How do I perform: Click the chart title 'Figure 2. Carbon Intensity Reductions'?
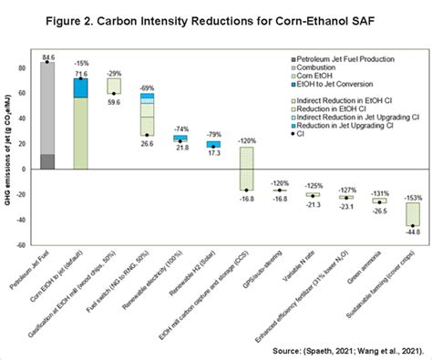pyautogui.click(x=215, y=17)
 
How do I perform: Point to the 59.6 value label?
pyautogui.click(x=114, y=103)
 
